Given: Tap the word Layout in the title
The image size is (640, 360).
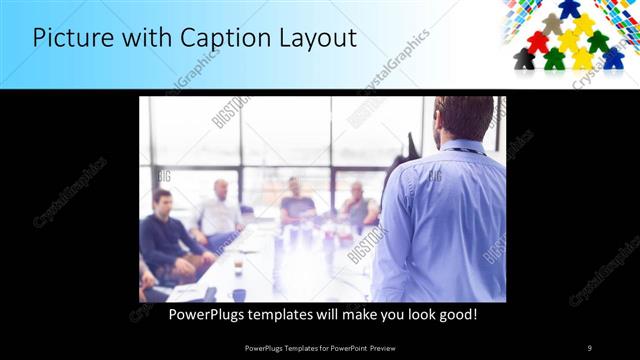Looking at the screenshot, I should pyautogui.click(x=314, y=39).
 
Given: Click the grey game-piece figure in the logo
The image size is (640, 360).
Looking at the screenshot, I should pyautogui.click(x=552, y=23).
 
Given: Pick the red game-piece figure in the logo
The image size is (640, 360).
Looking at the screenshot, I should pyautogui.click(x=538, y=42).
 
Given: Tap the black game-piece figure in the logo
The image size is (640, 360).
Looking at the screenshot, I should pyautogui.click(x=524, y=59).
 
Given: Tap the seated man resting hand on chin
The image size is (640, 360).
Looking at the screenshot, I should pyautogui.click(x=358, y=205).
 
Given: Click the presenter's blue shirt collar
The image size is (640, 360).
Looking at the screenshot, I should pyautogui.click(x=461, y=148).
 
